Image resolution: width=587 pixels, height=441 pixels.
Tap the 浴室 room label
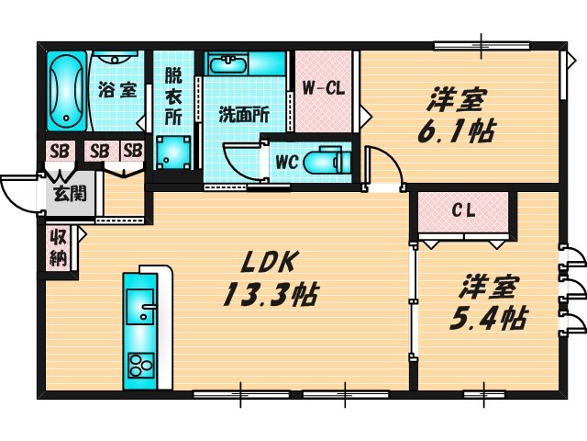pos(116,90)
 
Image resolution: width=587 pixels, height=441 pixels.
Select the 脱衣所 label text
pos(173,96)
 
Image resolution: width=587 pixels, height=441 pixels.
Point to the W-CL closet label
pos(323,89)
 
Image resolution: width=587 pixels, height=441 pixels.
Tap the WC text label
pos(285,163)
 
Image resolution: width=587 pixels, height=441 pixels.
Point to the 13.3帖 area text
pos(269,296)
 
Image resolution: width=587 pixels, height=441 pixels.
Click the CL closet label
pos(462,210)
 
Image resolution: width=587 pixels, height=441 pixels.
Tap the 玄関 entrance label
pos(65,194)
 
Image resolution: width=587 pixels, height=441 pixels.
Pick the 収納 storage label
pos(57,248)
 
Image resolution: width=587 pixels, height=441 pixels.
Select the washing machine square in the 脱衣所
pos(172,150)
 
